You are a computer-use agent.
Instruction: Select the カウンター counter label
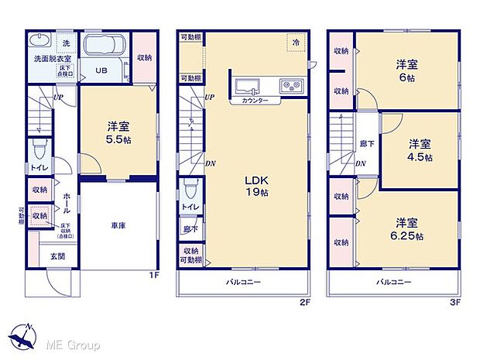tap(255, 101)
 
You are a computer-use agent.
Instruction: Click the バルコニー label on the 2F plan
tap(244, 282)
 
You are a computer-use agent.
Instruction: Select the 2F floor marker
tap(306, 303)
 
